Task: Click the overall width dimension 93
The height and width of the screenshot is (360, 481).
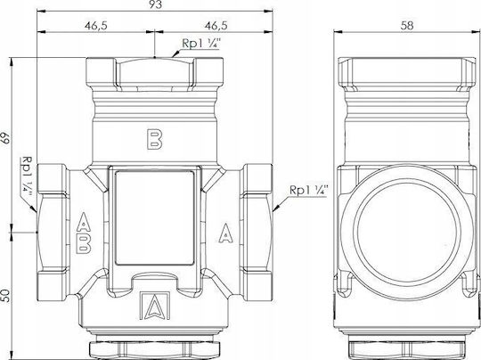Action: pyautogui.click(x=155, y=4)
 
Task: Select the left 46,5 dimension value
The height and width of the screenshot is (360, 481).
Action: pyautogui.click(x=95, y=26)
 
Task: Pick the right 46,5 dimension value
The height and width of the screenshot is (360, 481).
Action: pyautogui.click(x=216, y=26)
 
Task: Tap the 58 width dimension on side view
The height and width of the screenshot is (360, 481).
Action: pyautogui.click(x=407, y=26)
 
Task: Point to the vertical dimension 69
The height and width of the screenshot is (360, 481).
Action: pyautogui.click(x=5, y=138)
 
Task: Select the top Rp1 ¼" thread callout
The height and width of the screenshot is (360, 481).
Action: pyautogui.click(x=201, y=44)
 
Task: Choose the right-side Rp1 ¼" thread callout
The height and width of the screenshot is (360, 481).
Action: pyautogui.click(x=309, y=191)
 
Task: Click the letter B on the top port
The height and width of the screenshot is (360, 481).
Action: pyautogui.click(x=155, y=139)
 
